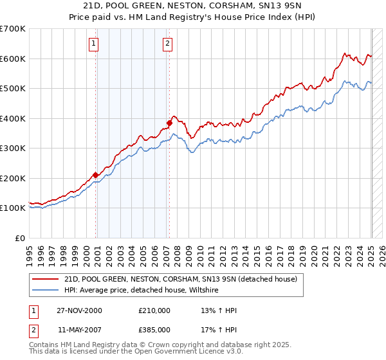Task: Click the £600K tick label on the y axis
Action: pyautogui.click(x=12, y=59)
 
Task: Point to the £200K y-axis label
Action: pyautogui.click(x=12, y=178)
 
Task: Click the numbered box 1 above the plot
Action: pyautogui.click(x=93, y=44)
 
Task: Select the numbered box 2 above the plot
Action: pyautogui.click(x=167, y=44)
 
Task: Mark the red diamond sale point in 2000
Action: pyautogui.click(x=95, y=175)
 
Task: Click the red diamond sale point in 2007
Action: pyautogui.click(x=169, y=122)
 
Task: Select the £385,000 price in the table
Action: pyautogui.click(x=154, y=330)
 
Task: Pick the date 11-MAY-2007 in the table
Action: pyautogui.click(x=79, y=330)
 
